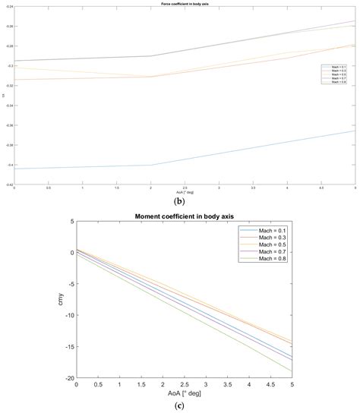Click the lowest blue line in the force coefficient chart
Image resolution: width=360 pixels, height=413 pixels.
152,165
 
